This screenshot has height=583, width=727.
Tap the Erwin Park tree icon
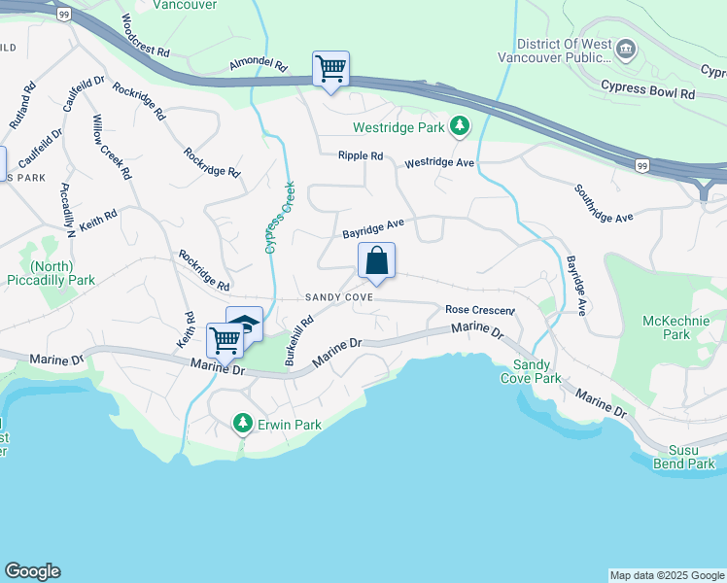click(242, 424)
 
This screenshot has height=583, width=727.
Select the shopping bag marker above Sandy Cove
click(376, 261)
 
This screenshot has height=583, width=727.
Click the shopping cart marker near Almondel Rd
click(330, 70)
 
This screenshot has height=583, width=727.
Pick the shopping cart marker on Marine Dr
click(225, 341)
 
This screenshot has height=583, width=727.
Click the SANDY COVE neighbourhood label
click(338, 297)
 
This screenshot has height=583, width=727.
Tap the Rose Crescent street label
click(478, 310)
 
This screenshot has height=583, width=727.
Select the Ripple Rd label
click(361, 155)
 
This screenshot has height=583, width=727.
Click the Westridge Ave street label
click(439, 162)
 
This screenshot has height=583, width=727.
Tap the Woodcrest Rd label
click(147, 35)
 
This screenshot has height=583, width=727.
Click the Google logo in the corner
click(32, 571)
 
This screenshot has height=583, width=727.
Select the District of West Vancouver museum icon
click(626, 48)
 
